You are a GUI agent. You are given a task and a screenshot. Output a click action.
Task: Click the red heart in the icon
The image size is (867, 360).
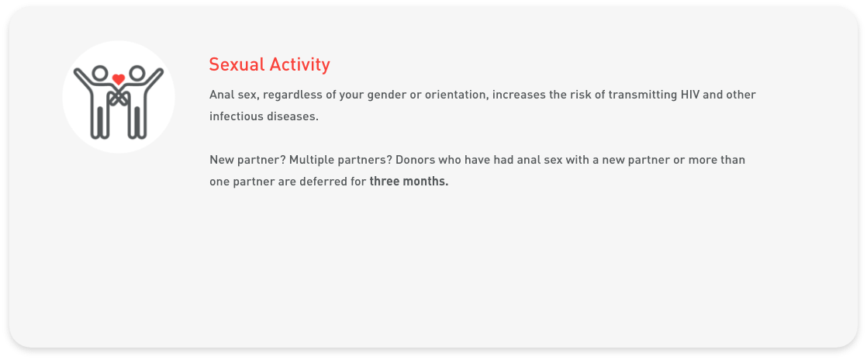click(118, 78)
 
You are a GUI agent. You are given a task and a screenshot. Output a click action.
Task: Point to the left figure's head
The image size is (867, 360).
click(99, 74)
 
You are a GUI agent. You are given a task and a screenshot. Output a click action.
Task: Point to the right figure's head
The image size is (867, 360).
click(137, 74)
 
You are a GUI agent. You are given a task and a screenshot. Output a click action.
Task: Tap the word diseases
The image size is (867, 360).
click(292, 117)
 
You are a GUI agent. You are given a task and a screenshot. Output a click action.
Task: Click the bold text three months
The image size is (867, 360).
click(409, 182)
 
